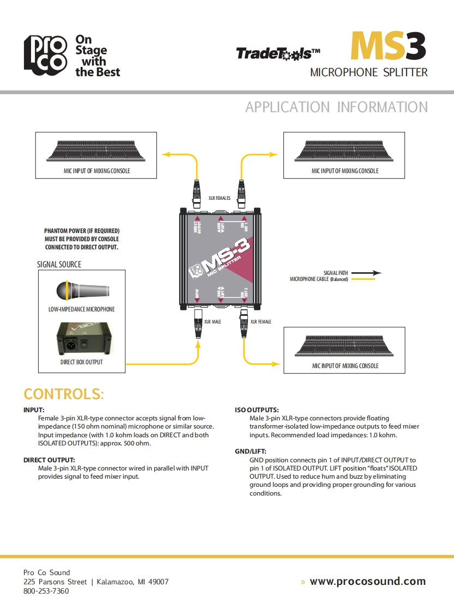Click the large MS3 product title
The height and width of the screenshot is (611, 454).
[388, 46]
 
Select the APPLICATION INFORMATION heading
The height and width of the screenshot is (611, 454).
[336, 107]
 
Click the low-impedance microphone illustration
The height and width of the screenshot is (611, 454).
[82, 290]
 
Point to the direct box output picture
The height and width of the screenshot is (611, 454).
[81, 340]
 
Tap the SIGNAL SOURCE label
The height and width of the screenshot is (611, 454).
[59, 265]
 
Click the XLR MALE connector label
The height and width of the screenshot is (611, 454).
[213, 322]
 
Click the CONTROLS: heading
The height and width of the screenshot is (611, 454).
[64, 394]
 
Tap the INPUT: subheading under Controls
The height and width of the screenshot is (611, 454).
[34, 410]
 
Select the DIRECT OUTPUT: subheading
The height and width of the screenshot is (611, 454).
[49, 460]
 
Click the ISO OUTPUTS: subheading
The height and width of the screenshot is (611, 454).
[257, 410]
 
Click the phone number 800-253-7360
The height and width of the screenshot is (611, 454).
[46, 591]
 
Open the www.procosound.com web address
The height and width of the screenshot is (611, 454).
[367, 581]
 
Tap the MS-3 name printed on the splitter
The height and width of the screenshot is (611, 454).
[223, 255]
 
